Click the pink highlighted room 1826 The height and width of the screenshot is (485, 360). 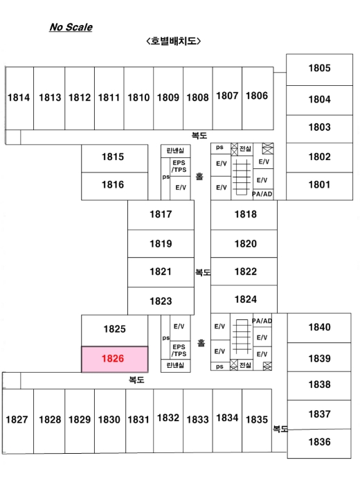tap(115, 359)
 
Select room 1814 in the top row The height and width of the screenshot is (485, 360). tap(19, 98)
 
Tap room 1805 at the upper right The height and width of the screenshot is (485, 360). tap(319, 69)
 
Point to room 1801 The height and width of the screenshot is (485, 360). tap(319, 186)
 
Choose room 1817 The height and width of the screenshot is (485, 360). tap(161, 215)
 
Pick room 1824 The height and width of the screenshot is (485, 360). tap(244, 299)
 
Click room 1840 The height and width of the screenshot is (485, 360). tap(319, 328)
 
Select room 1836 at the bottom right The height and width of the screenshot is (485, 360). tap(319, 443)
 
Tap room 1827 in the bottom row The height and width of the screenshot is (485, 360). tap(18, 421)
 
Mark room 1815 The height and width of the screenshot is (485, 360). tap(115, 159)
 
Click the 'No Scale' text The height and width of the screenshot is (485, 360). tap(71, 27)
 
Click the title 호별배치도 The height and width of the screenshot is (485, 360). tap(173, 41)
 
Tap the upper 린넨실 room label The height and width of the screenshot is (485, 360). tap(175, 150)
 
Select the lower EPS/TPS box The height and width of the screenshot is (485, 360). tap(179, 351)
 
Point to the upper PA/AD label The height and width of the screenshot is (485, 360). tap(262, 194)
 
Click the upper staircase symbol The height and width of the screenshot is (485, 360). tap(242, 177)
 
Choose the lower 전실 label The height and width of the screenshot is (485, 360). tap(245, 365)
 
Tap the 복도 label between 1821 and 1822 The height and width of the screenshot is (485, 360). tap(203, 272)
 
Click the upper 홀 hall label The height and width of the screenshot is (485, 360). tap(199, 176)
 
